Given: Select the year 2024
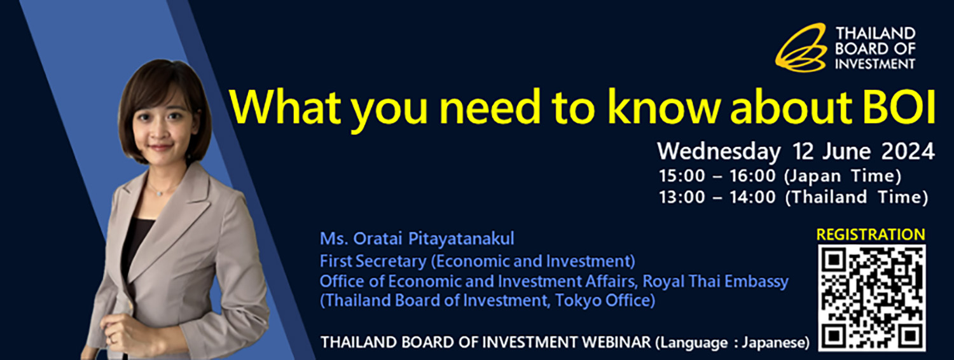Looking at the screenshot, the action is (908, 151).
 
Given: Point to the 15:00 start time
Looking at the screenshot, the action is (682, 176).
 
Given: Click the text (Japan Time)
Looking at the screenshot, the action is (843, 176).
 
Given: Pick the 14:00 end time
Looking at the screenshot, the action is (752, 197).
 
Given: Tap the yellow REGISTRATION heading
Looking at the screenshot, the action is (871, 234).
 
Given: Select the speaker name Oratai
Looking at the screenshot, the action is (378, 239).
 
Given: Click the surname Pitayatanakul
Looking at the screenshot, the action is (461, 239).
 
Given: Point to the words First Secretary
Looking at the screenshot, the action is (373, 261).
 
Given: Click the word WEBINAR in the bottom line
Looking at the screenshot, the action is (616, 342).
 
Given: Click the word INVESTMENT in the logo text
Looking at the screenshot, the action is (874, 64).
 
